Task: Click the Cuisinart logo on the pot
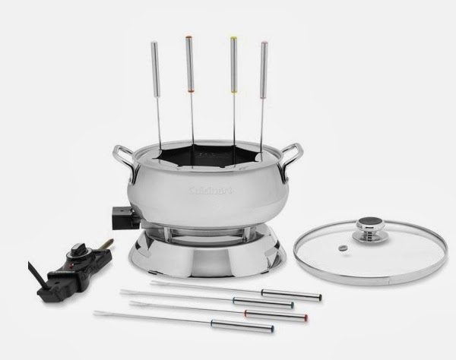(x=211, y=191)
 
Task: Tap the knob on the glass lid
(x=369, y=229)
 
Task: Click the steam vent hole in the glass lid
(x=342, y=248)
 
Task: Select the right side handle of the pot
(x=290, y=160)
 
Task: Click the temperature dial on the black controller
(x=75, y=251)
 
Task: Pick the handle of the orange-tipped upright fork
(x=189, y=64)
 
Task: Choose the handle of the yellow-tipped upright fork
(x=234, y=65)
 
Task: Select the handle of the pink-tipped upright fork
(x=264, y=70)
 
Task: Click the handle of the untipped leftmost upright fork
(x=155, y=70)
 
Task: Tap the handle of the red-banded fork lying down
(x=276, y=315)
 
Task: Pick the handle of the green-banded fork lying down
(x=263, y=302)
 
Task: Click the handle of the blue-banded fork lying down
(x=242, y=326)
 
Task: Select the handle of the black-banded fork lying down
(x=291, y=295)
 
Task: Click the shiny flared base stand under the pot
(x=207, y=256)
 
